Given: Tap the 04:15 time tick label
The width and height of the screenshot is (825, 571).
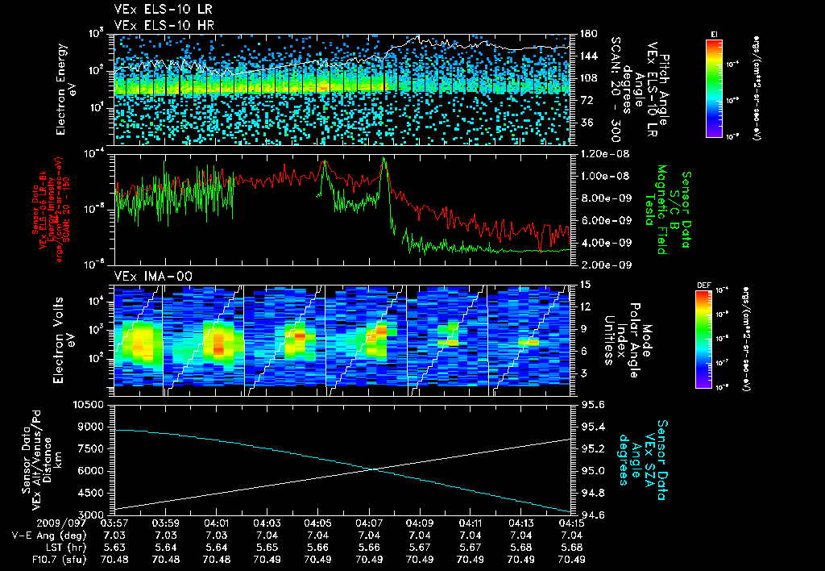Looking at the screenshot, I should click(570, 523).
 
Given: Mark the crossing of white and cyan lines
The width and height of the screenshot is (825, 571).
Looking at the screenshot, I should click(374, 469).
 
